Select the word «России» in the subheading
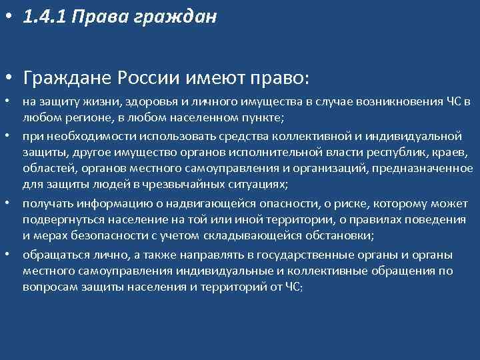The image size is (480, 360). coord(147,79)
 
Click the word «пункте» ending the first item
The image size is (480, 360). coord(262,118)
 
